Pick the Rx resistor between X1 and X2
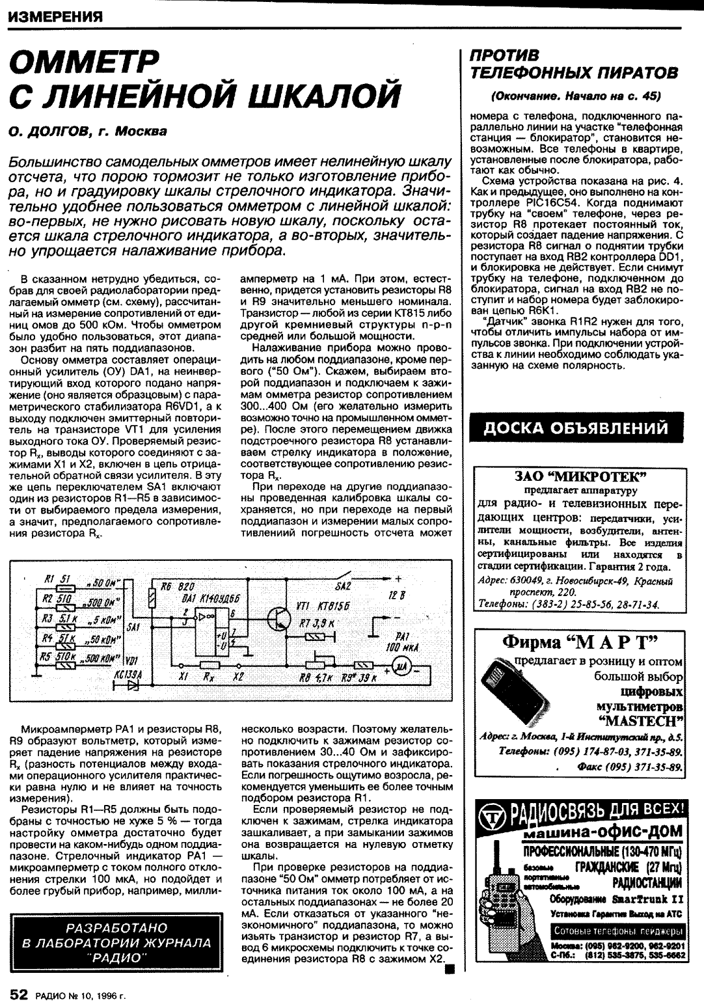(210, 665)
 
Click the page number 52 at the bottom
(18, 994)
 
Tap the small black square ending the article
(448, 970)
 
